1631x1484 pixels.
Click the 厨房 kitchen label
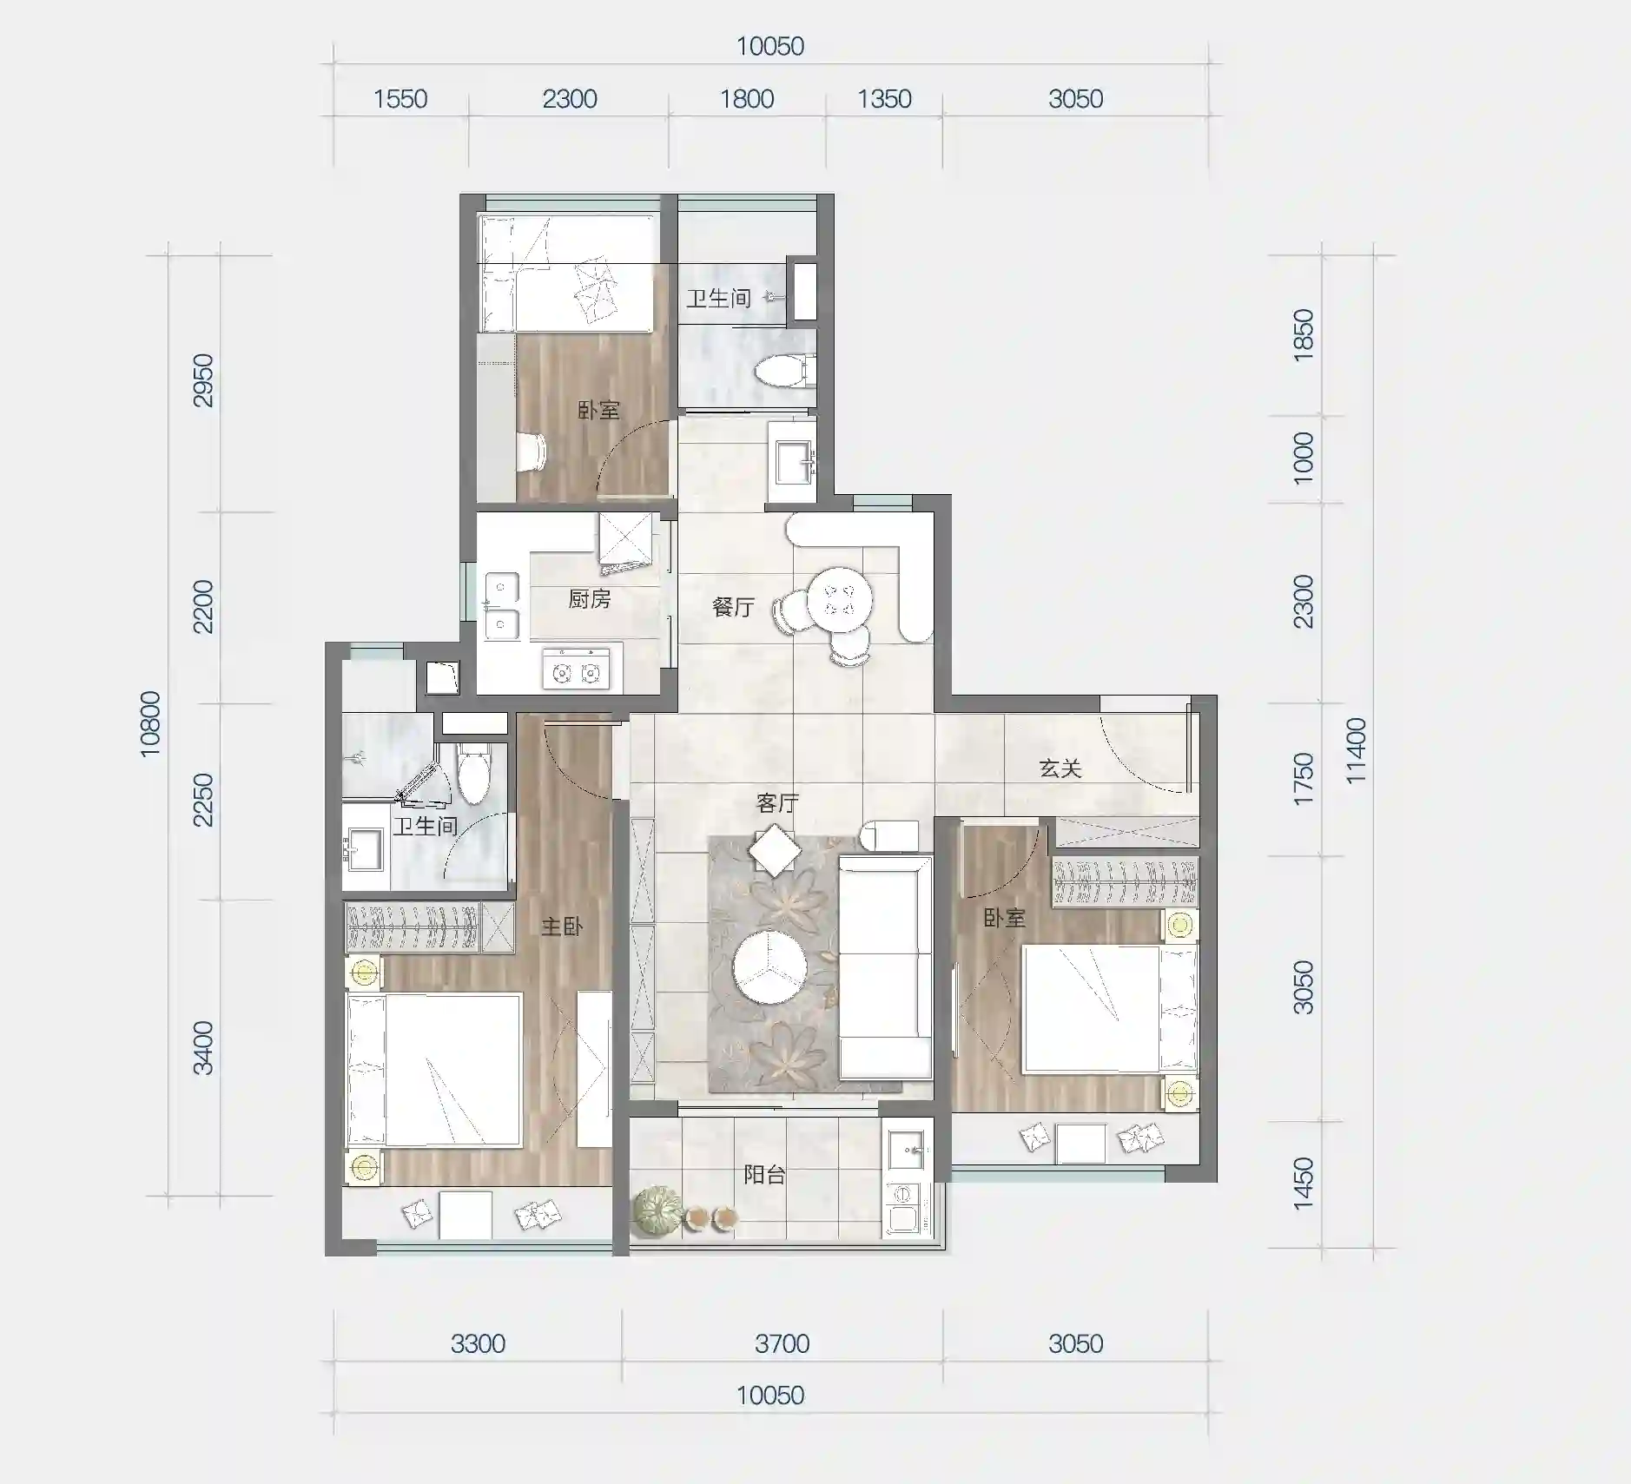coord(589,598)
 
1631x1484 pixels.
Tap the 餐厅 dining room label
coord(733,607)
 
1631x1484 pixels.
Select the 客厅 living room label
coord(777,803)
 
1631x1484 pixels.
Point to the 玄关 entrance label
coord(1060,768)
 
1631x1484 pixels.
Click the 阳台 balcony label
coord(765,1175)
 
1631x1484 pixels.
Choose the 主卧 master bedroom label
coord(562,927)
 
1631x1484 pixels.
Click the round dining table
coord(840,599)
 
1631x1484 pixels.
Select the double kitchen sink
coord(502,605)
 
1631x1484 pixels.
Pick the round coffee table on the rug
coord(769,967)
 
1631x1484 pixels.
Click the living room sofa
coord(885,966)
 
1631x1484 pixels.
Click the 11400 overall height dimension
coord(1356,751)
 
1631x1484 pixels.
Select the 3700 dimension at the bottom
coord(782,1343)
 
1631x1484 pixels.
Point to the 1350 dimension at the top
coord(884,99)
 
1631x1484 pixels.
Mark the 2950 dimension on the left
coord(203,380)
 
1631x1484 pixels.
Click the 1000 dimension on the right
coord(1304,458)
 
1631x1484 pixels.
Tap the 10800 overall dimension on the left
coord(150,723)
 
